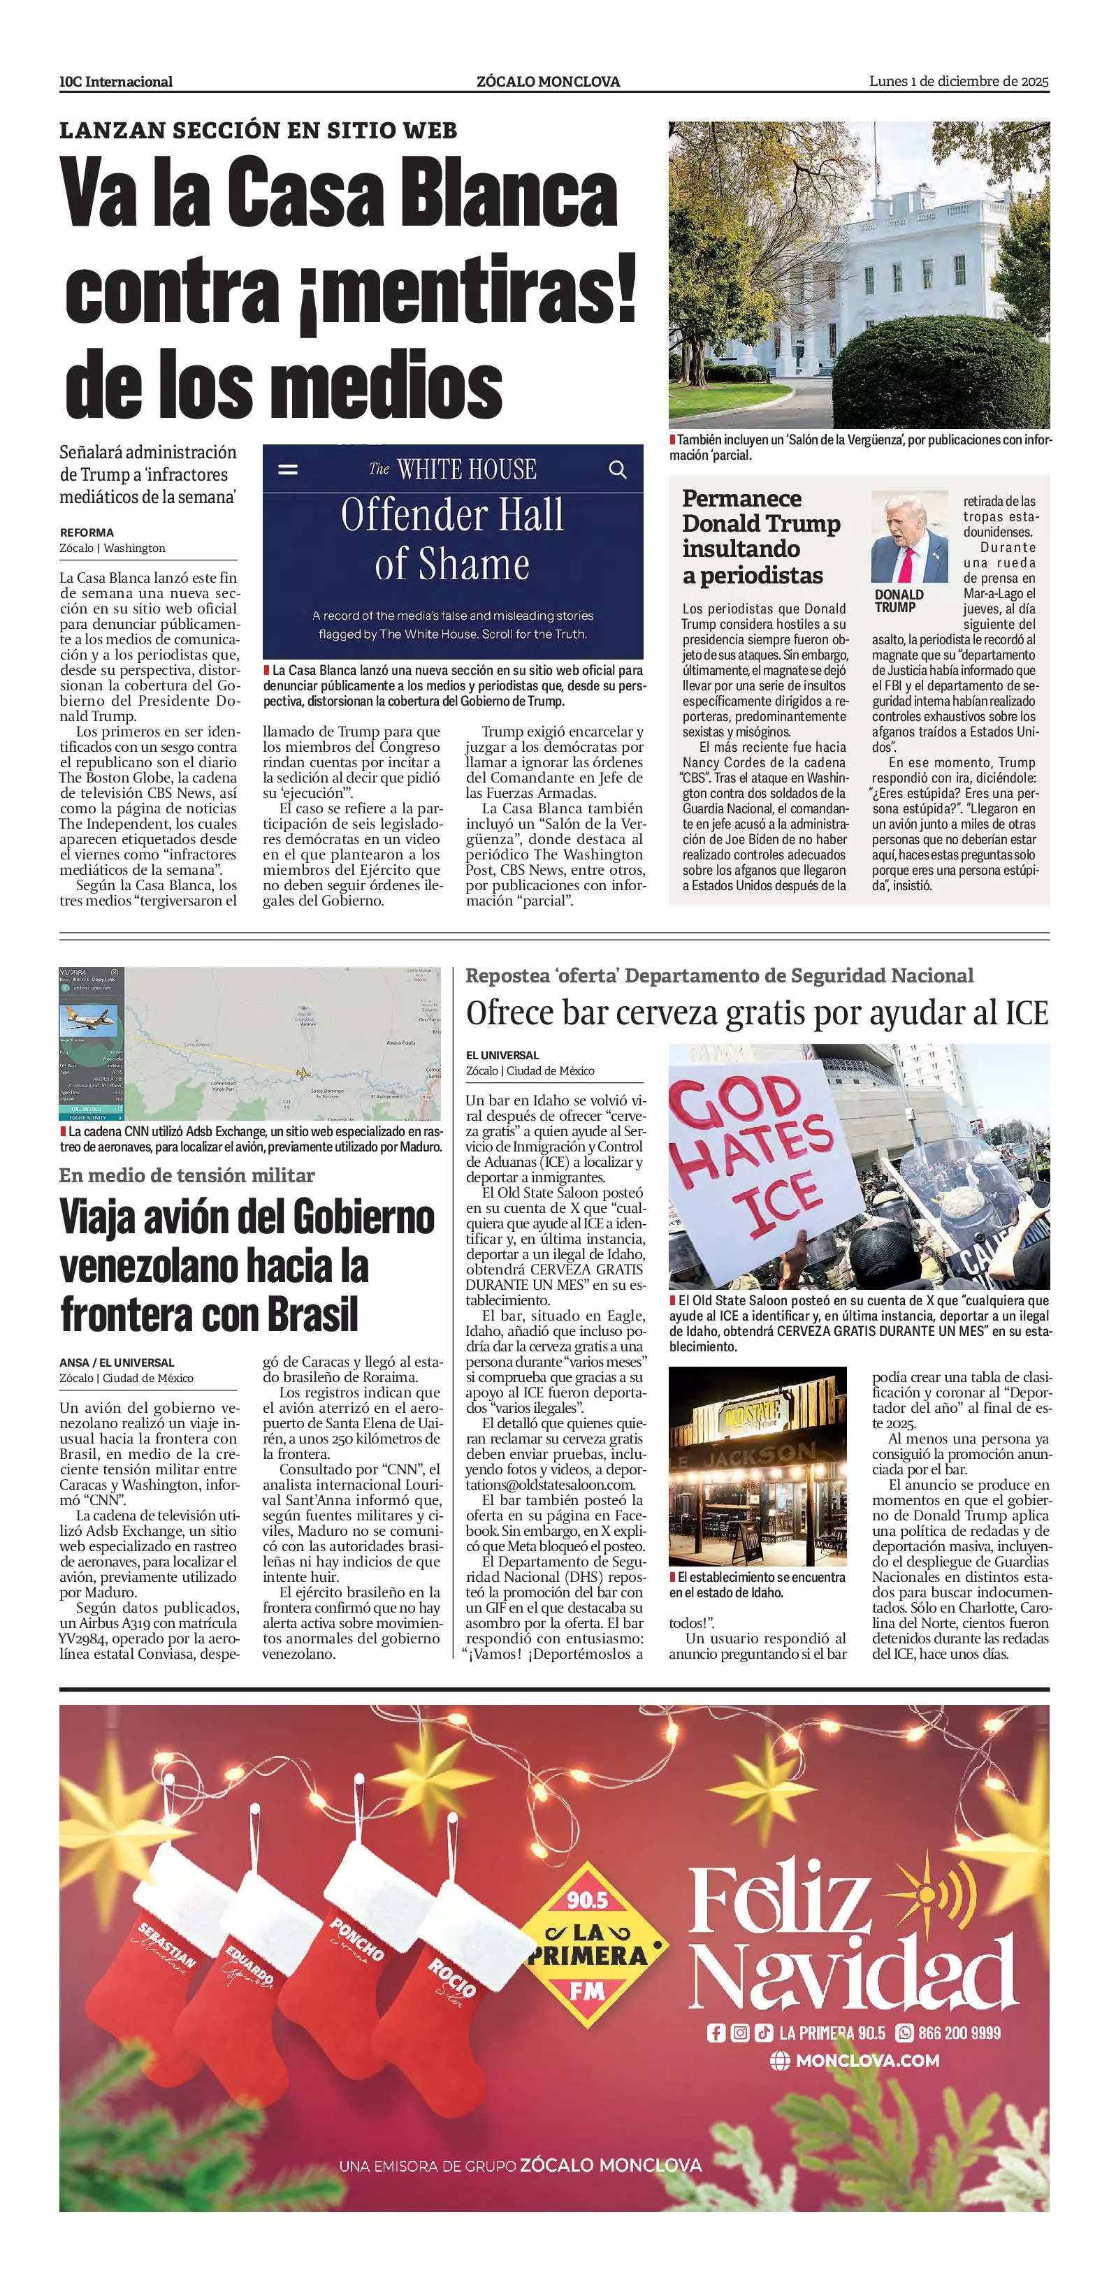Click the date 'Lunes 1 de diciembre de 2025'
click(x=959, y=82)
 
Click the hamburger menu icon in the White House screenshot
click(x=288, y=469)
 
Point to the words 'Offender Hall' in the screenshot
click(x=452, y=516)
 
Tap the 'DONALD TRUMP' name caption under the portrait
click(x=899, y=601)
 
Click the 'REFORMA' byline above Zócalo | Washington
click(x=86, y=532)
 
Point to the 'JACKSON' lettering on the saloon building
click(x=759, y=1455)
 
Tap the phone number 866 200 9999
click(x=959, y=2032)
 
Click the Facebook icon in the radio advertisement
click(x=716, y=2032)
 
